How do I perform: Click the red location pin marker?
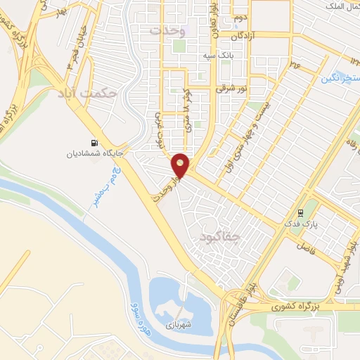pyautogui.click(x=181, y=166)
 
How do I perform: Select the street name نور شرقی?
pyautogui.click(x=235, y=89)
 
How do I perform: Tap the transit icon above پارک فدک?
pyautogui.click(x=300, y=212)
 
